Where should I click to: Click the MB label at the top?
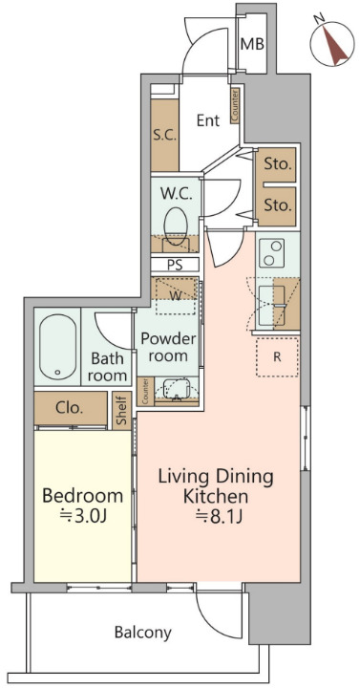click(x=252, y=44)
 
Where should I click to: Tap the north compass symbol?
click(x=331, y=43)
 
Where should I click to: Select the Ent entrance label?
click(x=207, y=120)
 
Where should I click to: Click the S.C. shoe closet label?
click(x=165, y=136)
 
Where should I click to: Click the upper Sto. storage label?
click(x=278, y=165)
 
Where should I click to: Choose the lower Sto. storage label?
click(x=278, y=204)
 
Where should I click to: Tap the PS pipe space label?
click(x=176, y=266)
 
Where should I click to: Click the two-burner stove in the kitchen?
click(x=271, y=253)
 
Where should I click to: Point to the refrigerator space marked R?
click(x=277, y=357)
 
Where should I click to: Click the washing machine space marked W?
click(x=176, y=295)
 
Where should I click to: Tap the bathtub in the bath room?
click(x=58, y=348)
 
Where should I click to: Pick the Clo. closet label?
click(x=70, y=409)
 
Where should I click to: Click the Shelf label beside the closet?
click(x=121, y=410)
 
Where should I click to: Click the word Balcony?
click(x=142, y=633)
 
